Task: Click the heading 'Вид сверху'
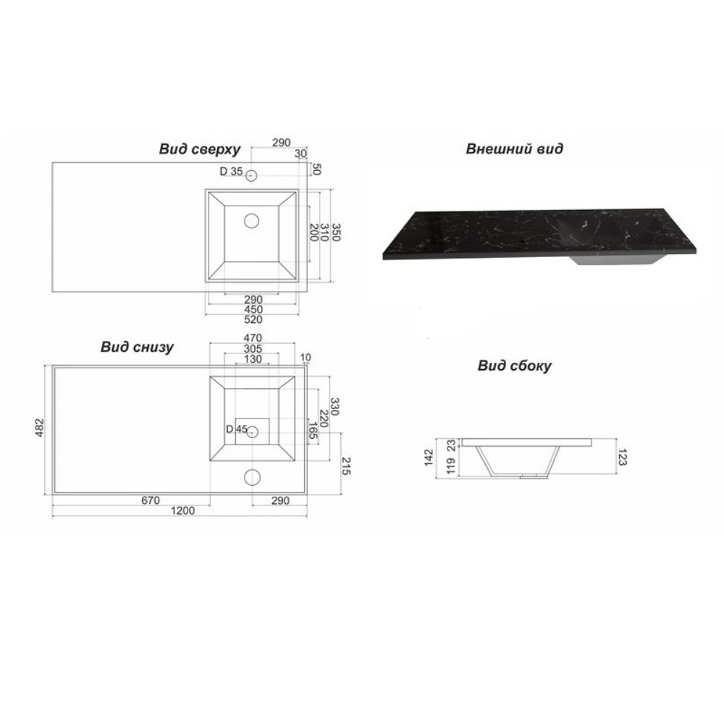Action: [x=200, y=149]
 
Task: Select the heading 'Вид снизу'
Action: [x=137, y=348]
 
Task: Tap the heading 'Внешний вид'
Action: [x=514, y=148]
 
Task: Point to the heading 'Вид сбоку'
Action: [x=514, y=366]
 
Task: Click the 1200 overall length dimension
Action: [x=183, y=510]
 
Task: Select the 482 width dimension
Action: [x=39, y=428]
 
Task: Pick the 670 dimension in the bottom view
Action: [x=151, y=500]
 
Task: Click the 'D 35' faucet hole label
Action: [x=231, y=172]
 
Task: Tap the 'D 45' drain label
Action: [x=237, y=429]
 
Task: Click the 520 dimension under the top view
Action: [x=253, y=319]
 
